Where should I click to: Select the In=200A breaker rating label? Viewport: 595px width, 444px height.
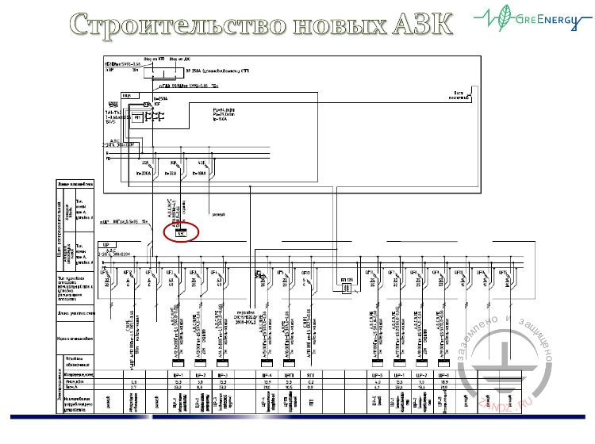pyautogui.click(x=144, y=171)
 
